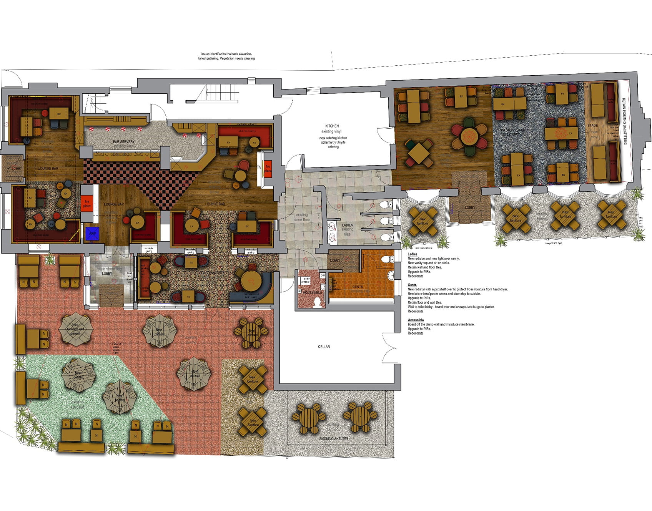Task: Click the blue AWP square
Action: coord(93,234)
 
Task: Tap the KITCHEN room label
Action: coord(332,126)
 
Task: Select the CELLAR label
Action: coord(324,347)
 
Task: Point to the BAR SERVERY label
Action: coord(124,142)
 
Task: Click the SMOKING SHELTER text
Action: coord(334,438)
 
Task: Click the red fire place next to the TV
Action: coord(268,169)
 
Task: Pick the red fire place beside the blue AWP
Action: coord(87,204)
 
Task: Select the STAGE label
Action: coord(592,125)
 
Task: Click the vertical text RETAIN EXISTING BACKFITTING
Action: coord(625,121)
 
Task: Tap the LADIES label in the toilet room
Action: coord(347,225)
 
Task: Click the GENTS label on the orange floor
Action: coord(358,287)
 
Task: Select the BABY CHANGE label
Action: coord(306,280)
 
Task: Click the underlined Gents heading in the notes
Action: coord(412,285)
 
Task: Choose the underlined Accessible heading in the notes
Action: coord(416,320)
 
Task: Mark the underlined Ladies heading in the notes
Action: coord(412,254)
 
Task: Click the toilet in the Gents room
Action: coord(387,259)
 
